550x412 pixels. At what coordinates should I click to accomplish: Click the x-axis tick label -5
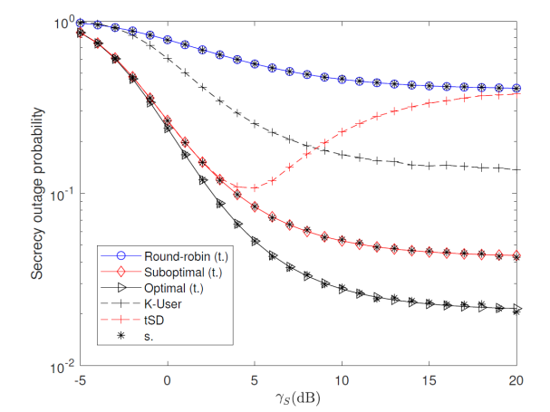click(x=81, y=379)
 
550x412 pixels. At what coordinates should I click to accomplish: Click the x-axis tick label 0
click(x=168, y=379)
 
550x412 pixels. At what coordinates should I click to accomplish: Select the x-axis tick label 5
click(x=256, y=379)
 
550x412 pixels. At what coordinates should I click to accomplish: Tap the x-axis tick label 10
click(x=343, y=379)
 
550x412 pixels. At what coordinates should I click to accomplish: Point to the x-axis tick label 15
click(x=429, y=379)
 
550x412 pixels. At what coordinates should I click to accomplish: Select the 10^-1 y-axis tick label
click(x=62, y=194)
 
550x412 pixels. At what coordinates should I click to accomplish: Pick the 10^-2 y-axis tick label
click(x=62, y=367)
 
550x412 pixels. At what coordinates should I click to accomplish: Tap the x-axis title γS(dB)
click(x=298, y=398)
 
